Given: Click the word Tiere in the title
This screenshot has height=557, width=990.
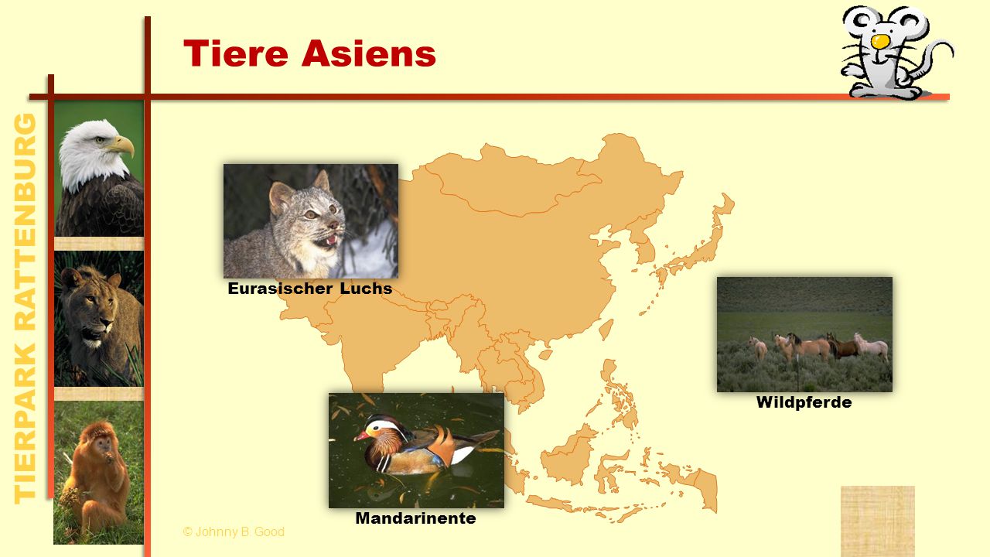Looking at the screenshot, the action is pos(236,53).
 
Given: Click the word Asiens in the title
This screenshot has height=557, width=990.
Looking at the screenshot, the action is pos(369,53).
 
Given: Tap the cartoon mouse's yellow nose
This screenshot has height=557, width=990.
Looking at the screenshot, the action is pos(880,41).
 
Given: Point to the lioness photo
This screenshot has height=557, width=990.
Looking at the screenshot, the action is pos(98,319).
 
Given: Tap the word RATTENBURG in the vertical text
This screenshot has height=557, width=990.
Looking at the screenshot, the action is pos(26,222).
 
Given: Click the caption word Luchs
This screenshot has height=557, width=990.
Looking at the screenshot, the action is pos(366,289).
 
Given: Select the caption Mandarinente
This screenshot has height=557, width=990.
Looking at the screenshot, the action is pos(415,518).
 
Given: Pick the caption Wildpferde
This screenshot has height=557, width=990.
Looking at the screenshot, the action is pos(804,402).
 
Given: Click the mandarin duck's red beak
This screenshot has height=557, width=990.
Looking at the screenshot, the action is pos(361,436).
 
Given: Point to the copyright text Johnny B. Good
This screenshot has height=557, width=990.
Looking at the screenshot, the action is pos(234,531).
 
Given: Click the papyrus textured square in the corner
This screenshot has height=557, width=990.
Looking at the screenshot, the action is pos(877,521).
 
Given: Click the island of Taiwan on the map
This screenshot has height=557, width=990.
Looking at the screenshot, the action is pos(606,330).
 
